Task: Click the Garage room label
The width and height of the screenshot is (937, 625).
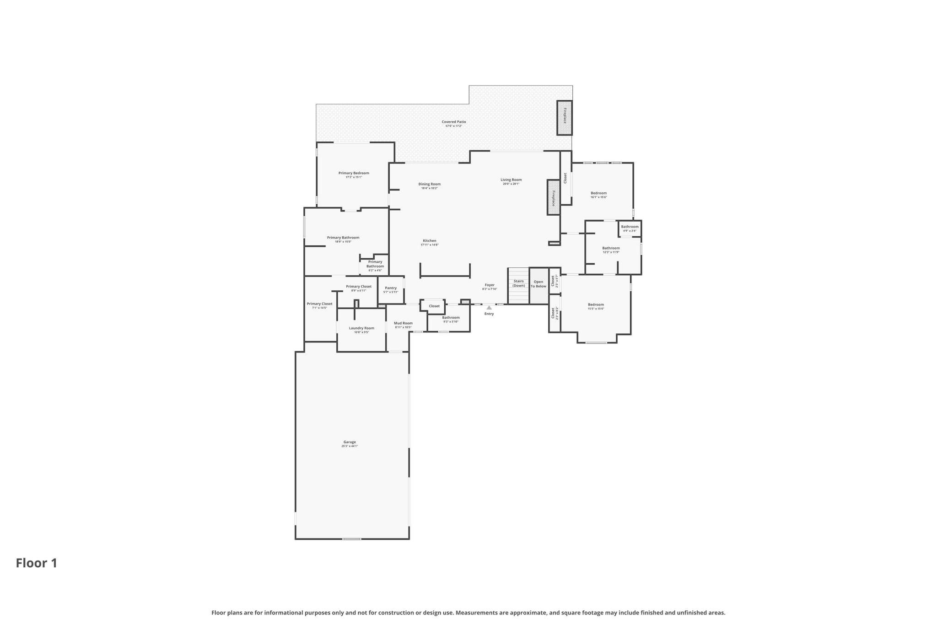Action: tap(350, 442)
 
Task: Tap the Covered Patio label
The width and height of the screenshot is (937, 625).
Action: tap(453, 122)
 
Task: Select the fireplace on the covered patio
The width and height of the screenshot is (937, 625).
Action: tap(564, 118)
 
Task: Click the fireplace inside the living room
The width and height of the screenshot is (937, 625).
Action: tap(553, 197)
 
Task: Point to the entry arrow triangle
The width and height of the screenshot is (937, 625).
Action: tap(489, 308)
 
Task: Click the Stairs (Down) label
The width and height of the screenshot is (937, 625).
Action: tap(518, 283)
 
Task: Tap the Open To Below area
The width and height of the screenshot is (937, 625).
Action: tap(539, 284)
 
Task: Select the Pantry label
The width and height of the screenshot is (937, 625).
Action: tap(391, 288)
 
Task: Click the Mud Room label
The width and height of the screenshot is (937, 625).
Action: tap(403, 323)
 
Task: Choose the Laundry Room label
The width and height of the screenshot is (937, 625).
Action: tap(361, 328)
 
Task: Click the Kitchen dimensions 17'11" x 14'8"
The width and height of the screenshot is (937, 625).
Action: tap(429, 245)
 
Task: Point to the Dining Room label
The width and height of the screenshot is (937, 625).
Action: tap(429, 184)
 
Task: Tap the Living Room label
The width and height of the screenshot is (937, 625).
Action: tap(511, 180)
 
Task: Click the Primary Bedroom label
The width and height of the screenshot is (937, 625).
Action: tap(354, 173)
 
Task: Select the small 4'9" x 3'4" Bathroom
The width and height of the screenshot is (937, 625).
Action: tap(630, 228)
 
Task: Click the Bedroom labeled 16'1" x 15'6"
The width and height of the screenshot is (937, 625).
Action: tap(598, 193)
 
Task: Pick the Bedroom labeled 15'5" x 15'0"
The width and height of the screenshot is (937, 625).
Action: tap(596, 305)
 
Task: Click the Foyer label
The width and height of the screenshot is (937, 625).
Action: tap(490, 285)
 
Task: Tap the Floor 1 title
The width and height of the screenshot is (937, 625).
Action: tap(37, 563)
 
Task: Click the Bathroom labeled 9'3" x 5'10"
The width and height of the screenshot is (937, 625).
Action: tap(451, 318)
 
